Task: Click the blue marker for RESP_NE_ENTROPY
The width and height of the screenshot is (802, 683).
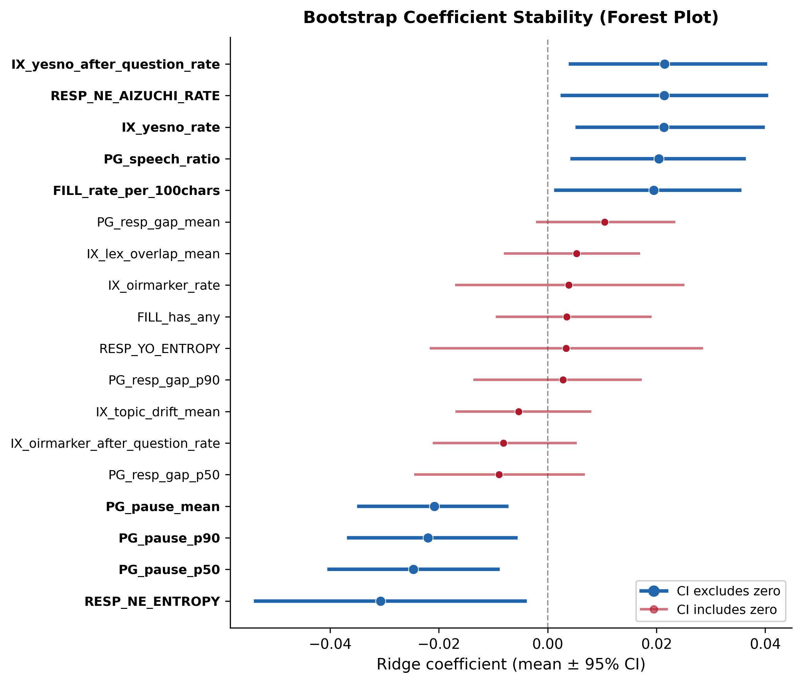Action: (381, 601)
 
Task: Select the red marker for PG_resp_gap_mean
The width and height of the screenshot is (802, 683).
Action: (605, 222)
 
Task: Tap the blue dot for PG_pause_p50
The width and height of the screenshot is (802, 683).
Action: (413, 569)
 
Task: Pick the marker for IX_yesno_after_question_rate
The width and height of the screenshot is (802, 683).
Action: (665, 64)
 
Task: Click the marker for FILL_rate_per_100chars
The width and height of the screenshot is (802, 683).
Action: (654, 191)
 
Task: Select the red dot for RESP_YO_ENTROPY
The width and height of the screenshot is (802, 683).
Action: (566, 348)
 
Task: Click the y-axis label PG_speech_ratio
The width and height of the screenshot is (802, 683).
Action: (162, 159)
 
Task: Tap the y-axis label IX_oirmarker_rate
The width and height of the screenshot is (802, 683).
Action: (164, 286)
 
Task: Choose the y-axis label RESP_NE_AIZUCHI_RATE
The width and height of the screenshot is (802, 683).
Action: (135, 96)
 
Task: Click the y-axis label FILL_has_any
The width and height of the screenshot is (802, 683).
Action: (178, 317)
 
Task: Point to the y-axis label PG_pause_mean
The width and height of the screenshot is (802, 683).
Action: (162, 507)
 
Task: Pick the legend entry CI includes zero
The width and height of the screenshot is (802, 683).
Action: (727, 610)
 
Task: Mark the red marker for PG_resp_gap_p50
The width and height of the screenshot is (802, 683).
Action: (499, 475)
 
